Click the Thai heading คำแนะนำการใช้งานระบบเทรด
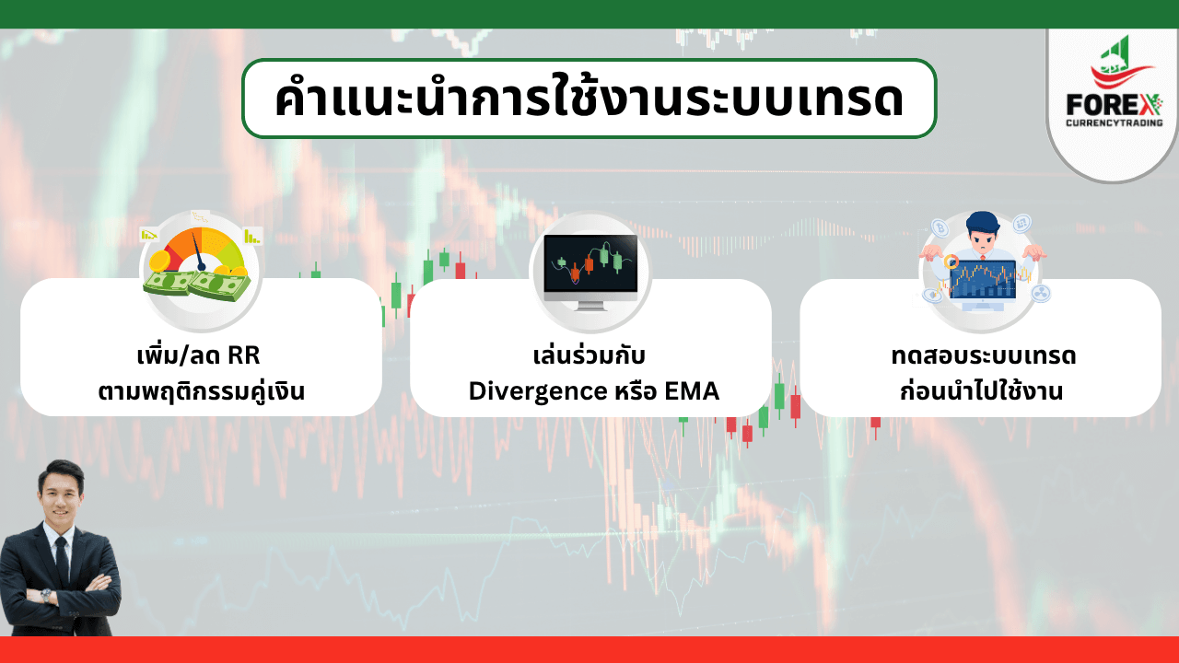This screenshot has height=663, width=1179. point(589,98)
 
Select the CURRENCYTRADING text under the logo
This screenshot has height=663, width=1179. point(1115,122)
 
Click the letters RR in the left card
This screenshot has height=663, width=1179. point(243,355)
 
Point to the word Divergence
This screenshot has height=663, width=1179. point(538,392)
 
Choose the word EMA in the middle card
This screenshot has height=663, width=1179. point(692,391)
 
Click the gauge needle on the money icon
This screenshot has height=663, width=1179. point(198,251)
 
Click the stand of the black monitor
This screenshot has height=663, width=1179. point(590,306)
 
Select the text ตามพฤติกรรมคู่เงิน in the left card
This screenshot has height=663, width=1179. point(202,392)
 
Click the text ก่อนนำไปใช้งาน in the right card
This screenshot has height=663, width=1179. point(982,391)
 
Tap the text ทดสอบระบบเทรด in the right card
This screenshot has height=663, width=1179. point(984,356)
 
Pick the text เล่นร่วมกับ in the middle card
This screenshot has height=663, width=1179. point(589,355)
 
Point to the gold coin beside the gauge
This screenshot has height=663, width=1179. point(159,261)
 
